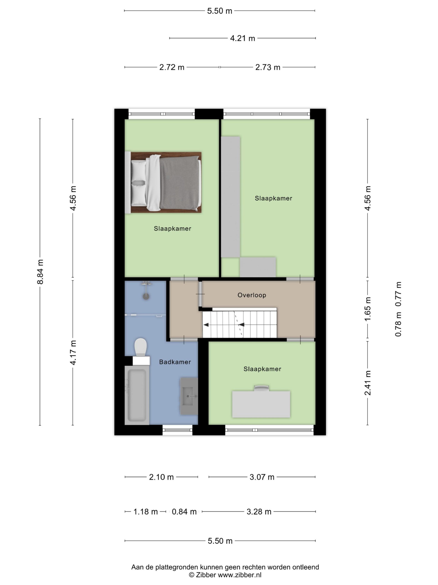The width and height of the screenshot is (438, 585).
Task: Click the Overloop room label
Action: click(x=252, y=295)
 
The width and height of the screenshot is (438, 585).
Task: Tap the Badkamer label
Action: click(x=175, y=362)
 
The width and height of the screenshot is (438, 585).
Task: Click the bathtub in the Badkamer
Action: click(x=137, y=395)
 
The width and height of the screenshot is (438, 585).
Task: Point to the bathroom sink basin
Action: click(x=188, y=396)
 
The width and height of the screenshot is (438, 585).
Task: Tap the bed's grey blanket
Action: click(x=179, y=183)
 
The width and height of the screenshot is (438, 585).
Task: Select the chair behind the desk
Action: click(x=261, y=388)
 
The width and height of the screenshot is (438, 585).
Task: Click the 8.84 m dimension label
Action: click(x=40, y=272)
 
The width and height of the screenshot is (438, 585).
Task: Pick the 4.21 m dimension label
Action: click(x=242, y=38)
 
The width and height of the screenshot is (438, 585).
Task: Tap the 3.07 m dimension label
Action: click(x=262, y=477)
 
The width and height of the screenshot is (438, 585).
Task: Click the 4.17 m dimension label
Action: click(x=73, y=353)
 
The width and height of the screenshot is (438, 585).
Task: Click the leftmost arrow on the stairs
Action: click(x=206, y=325)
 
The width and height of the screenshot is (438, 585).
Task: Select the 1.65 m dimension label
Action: click(x=368, y=309)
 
